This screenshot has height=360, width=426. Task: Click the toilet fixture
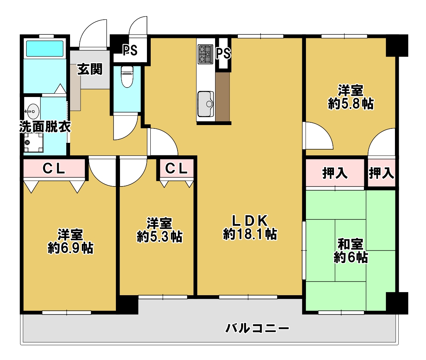(x=127, y=77)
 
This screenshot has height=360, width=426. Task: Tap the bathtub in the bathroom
(x=45, y=49)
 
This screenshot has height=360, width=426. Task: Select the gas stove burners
(x=206, y=55)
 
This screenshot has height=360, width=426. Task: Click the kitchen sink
(x=206, y=104)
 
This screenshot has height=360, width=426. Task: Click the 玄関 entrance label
(x=90, y=69)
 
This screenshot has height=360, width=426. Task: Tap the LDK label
(x=250, y=221)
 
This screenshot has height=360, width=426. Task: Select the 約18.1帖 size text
(x=250, y=234)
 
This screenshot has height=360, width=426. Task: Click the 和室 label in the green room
(x=351, y=244)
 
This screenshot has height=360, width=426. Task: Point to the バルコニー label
(x=257, y=328)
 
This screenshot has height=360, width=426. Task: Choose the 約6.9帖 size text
(x=71, y=248)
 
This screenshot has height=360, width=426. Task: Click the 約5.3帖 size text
(x=160, y=236)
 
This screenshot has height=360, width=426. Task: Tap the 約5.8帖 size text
(x=351, y=103)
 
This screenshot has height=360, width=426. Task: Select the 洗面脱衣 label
(x=45, y=127)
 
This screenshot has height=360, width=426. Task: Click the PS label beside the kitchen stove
(x=223, y=53)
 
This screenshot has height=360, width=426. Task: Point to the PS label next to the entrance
(x=130, y=50)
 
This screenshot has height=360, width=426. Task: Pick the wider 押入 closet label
(x=335, y=173)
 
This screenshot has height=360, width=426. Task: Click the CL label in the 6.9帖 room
(x=54, y=169)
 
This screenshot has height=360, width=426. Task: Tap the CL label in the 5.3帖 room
(x=176, y=169)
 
